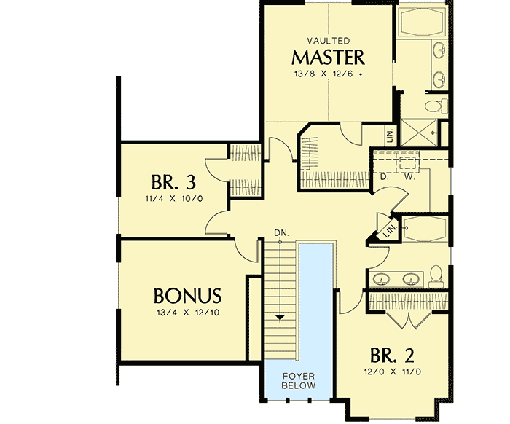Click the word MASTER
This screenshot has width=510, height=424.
coord(328,57)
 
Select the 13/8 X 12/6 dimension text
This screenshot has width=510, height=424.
coord(328,74)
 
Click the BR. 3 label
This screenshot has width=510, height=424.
coord(173,181)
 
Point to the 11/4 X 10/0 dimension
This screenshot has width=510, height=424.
coord(173,197)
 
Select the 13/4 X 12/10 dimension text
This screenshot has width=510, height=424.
coord(187,313)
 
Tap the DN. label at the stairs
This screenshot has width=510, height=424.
coord(281,232)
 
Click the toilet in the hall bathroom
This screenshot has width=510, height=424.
coord(436,274)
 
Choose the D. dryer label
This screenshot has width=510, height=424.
coord(384,176)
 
